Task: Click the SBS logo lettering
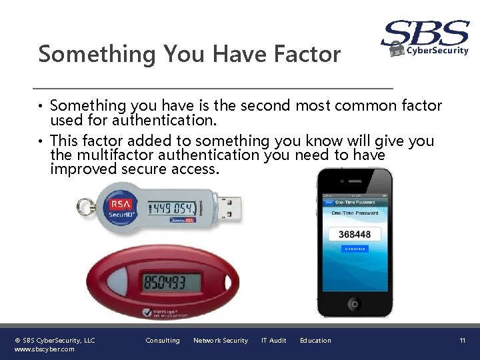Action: coord(425,33)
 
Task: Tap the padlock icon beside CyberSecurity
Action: coord(397,49)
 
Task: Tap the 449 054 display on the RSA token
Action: coord(176,209)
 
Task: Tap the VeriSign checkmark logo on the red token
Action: coord(147,312)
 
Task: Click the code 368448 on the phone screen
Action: coord(355,234)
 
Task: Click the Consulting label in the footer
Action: coord(163,341)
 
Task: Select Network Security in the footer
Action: coord(220,341)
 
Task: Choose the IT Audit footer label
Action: coord(273,341)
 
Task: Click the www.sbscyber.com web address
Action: coord(44,349)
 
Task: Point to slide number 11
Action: coord(462,341)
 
